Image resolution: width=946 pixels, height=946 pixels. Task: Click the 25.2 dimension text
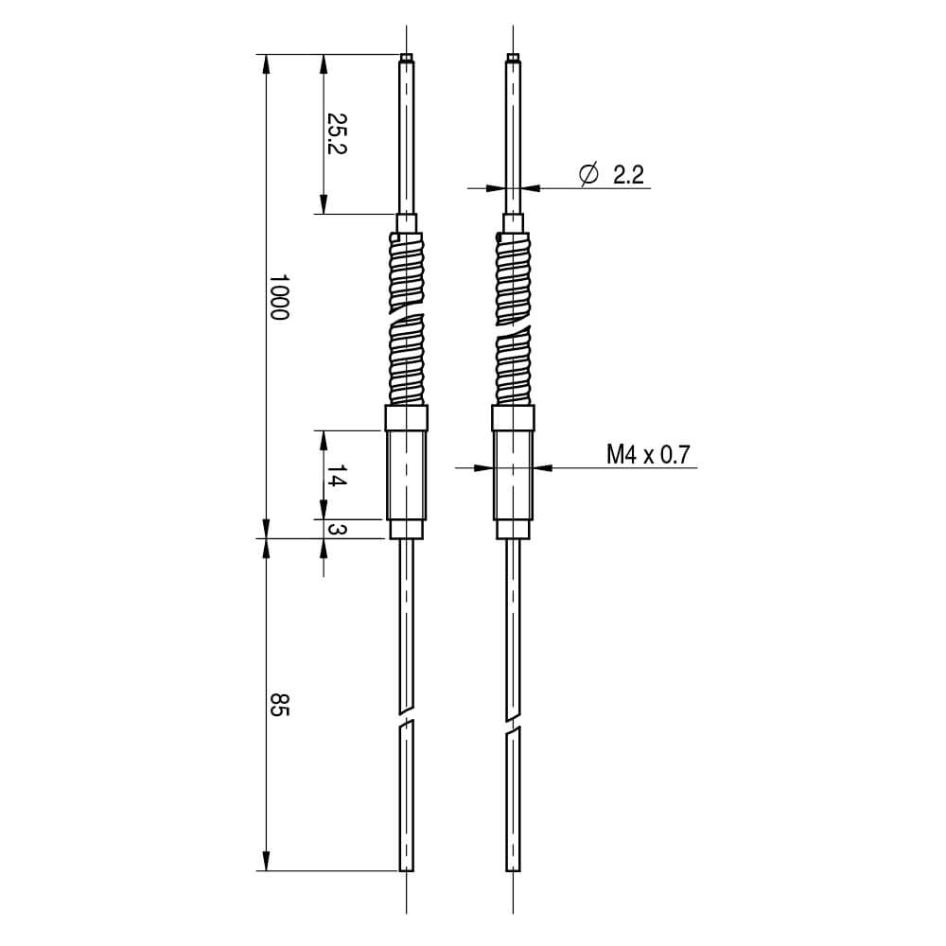[335, 133]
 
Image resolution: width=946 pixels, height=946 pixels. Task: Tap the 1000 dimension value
[277, 297]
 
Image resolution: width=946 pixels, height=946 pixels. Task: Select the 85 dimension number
[277, 705]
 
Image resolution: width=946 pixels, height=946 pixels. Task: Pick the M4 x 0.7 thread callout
[649, 455]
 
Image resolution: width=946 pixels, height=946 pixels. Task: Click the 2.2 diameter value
[628, 175]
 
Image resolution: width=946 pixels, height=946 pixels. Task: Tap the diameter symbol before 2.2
[588, 175]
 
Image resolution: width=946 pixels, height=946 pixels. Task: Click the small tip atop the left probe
[407, 59]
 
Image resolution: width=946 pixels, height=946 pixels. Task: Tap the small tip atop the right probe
[513, 59]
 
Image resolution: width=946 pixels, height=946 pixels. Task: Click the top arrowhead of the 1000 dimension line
[266, 64]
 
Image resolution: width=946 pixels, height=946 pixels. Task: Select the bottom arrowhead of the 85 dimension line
[266, 861]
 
